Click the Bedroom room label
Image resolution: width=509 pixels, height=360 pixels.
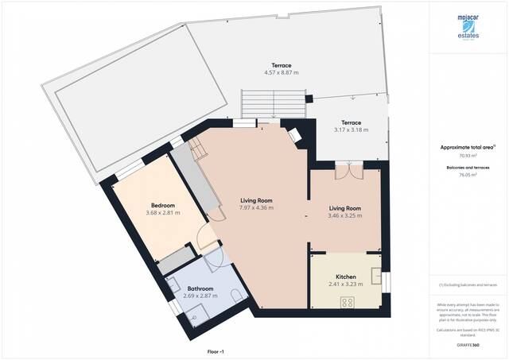point(162,205)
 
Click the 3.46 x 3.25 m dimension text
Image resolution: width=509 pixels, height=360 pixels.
point(345,215)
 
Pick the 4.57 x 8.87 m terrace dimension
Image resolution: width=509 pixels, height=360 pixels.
point(281,73)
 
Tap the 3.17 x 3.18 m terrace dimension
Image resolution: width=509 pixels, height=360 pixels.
point(351,130)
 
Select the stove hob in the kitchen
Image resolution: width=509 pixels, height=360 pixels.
point(348,302)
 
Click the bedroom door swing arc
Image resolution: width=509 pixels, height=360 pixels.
point(204,236)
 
